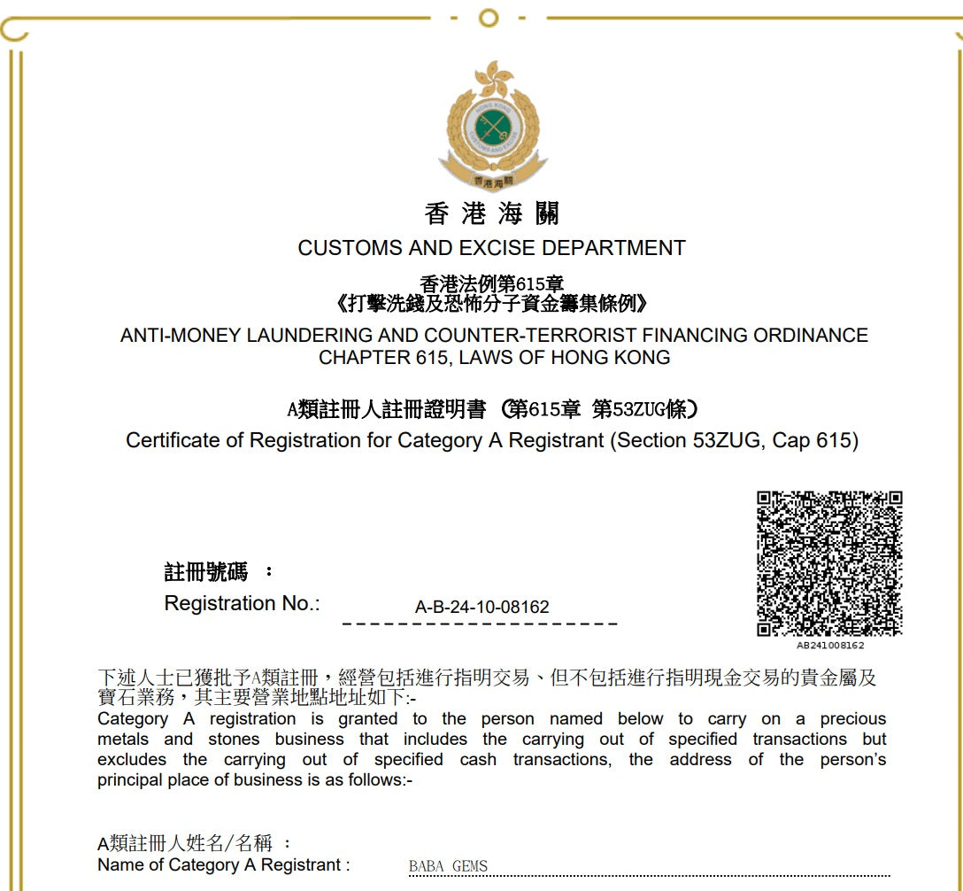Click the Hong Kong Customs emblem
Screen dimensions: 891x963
492,124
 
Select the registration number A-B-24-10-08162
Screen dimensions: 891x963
481,608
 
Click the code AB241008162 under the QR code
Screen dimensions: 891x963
829,646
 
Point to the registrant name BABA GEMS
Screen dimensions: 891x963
448,866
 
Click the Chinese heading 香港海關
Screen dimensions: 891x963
492,213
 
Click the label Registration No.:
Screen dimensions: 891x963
242,604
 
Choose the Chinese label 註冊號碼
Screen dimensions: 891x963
206,572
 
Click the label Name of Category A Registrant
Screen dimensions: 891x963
223,865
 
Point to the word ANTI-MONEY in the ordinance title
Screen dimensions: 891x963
181,337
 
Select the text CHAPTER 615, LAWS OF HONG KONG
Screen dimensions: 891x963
494,359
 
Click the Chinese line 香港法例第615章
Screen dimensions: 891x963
492,284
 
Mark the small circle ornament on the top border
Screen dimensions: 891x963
488,17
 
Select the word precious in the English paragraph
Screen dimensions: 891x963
852,719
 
